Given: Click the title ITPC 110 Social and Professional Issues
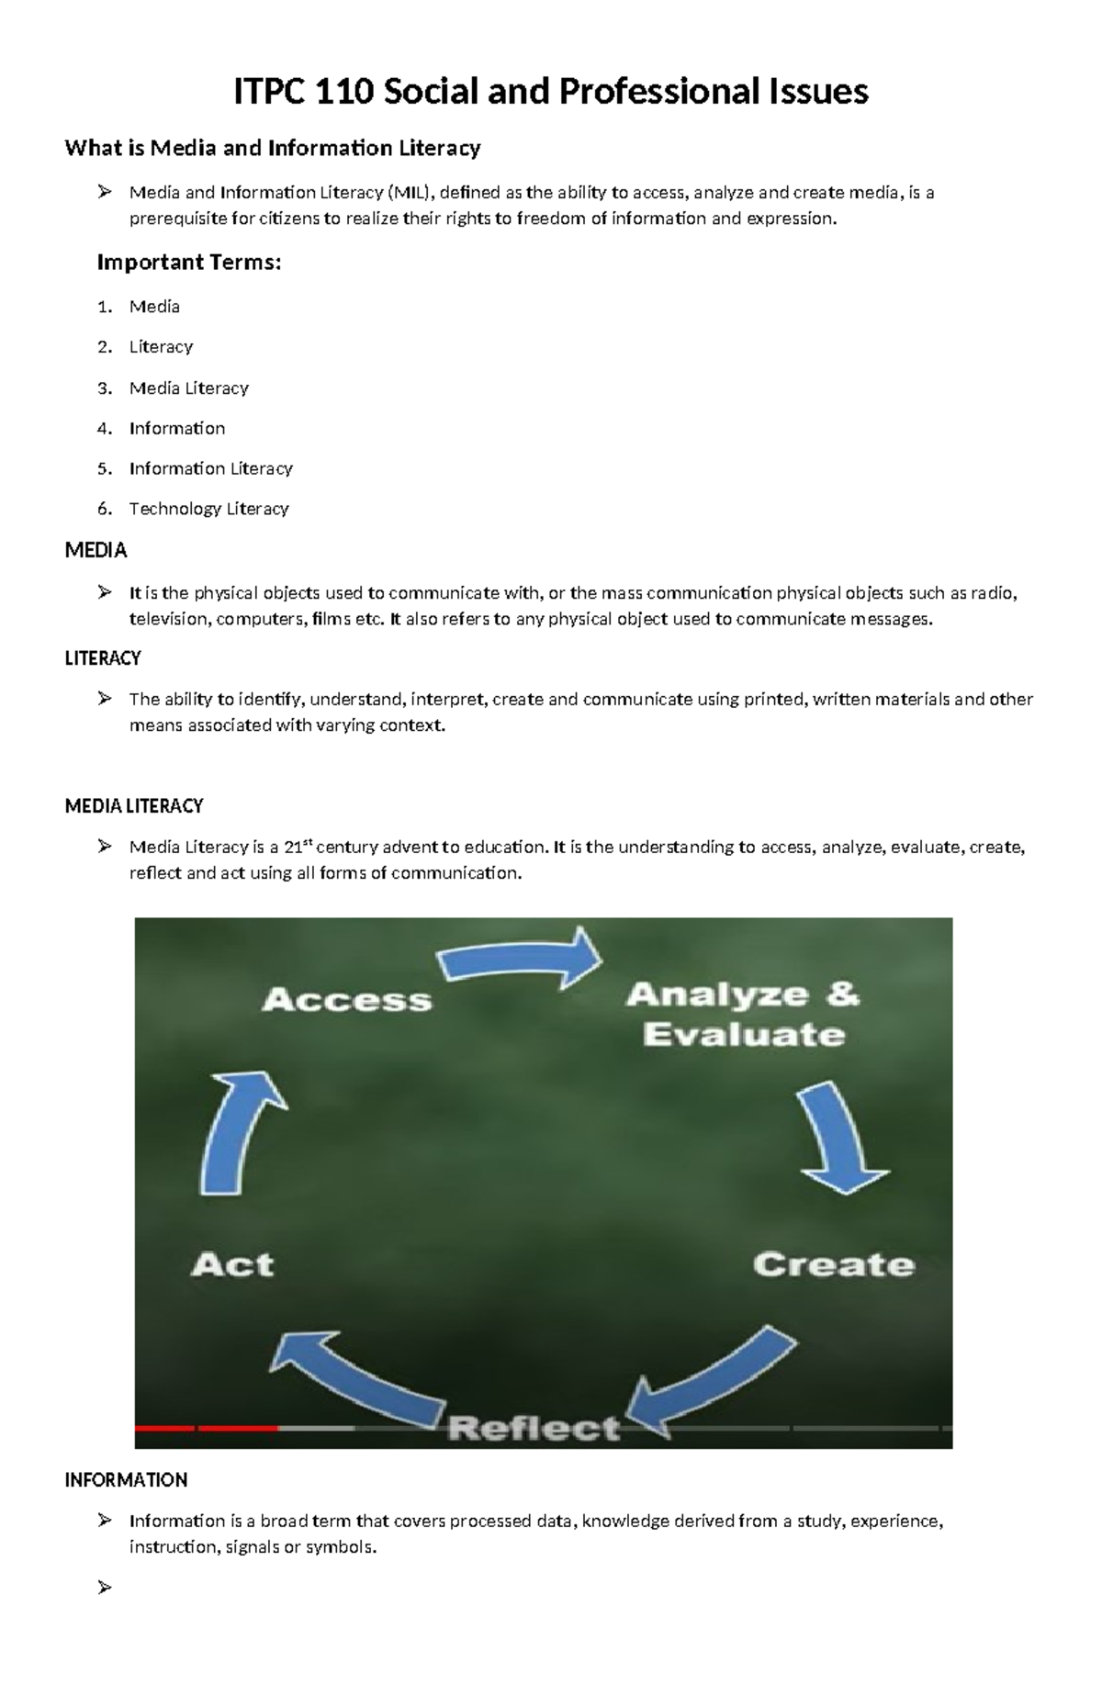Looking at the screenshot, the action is tap(551, 92).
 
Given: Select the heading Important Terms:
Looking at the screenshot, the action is tap(188, 263).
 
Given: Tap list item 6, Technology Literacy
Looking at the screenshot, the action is tap(208, 509).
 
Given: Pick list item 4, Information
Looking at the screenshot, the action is tap(176, 428).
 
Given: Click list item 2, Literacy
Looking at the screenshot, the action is tap(161, 347).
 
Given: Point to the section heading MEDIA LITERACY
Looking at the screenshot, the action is tap(134, 806).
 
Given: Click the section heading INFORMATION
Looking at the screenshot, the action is tap(126, 1480).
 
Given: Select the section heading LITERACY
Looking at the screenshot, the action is tap(103, 658).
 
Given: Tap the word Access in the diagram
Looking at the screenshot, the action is tap(347, 1000).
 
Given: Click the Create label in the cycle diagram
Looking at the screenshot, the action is tap(834, 1264).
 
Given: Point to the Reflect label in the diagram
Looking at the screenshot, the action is tap(534, 1428).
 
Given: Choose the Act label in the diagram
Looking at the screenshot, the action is tap(232, 1264).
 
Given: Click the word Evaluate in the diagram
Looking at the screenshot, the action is tap(744, 1035).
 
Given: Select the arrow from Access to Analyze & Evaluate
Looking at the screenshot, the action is tap(520, 960).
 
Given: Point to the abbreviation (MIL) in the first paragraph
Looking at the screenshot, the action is tap(409, 193).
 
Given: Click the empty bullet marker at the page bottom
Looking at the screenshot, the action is tap(104, 1587).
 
